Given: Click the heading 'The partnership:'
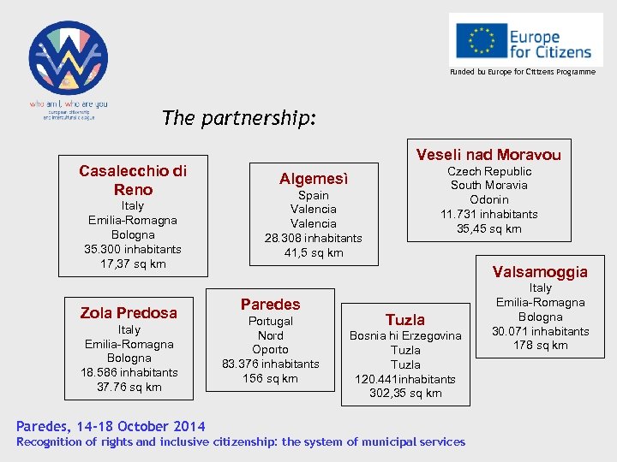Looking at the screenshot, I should pos(239,118).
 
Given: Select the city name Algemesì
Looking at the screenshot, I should pos(314,179).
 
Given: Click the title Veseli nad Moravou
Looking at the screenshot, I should pos(488,154).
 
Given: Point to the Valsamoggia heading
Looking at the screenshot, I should pos(540,272).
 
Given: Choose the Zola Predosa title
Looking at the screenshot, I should pos(129,312).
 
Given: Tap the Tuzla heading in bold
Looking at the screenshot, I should pos(405,319).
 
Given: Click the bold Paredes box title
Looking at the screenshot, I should pos(270,304).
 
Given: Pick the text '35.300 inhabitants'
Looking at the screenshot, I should pos(133,249).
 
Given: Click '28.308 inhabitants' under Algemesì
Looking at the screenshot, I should pos(314,238).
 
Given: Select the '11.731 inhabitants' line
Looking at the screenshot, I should pos(489,214).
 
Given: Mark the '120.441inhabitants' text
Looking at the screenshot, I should pos(405,379).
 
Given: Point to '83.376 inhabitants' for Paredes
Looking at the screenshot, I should pos(270,364).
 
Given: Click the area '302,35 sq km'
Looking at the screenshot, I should pos(405,394).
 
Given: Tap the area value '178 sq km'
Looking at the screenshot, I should pos(540,346).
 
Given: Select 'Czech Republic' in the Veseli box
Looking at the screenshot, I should pos(489,171).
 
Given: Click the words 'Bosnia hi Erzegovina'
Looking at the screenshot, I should pos(405,335).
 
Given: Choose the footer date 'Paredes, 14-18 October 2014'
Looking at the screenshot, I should pos(111,426).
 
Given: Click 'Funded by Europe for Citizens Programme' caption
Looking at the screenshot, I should pos(523,72).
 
